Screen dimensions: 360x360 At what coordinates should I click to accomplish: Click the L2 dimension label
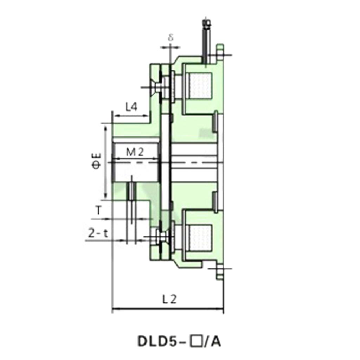coord(169,299)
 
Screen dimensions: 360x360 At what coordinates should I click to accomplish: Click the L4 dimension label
coord(131,107)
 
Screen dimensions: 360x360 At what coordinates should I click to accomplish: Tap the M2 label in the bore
coord(135,152)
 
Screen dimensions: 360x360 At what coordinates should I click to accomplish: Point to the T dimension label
coord(99,211)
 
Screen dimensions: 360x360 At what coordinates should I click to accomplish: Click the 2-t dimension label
coord(97,233)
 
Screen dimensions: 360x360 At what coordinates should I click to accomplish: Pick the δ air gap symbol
coord(171,38)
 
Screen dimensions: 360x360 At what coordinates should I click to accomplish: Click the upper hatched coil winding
coord(200,86)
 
